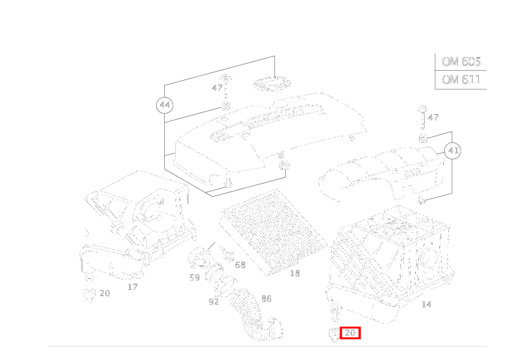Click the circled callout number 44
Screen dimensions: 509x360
pyautogui.click(x=165, y=105)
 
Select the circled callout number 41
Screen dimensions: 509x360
pyautogui.click(x=453, y=151)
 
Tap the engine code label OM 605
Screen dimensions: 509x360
pyautogui.click(x=461, y=62)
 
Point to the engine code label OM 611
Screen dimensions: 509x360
pyautogui.click(x=461, y=80)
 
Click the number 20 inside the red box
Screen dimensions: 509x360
pyautogui.click(x=350, y=333)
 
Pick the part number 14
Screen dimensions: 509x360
pyautogui.click(x=426, y=304)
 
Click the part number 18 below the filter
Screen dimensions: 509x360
pyautogui.click(x=295, y=273)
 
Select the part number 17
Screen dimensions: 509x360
pyautogui.click(x=132, y=287)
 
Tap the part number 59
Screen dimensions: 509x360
pyautogui.click(x=195, y=277)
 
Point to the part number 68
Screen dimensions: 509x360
pyautogui.click(x=240, y=265)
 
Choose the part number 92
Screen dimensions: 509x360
pyautogui.click(x=213, y=302)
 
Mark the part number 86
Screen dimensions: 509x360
pyautogui.click(x=266, y=299)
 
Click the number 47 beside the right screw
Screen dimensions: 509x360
pyautogui.click(x=433, y=117)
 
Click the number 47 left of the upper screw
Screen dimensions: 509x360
pyautogui.click(x=217, y=88)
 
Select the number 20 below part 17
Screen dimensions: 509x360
pyautogui.click(x=105, y=293)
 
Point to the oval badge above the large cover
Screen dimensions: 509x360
pyautogui.click(x=272, y=84)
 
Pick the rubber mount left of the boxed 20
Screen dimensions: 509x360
pyautogui.click(x=334, y=334)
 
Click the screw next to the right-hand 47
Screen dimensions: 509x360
pyautogui.click(x=422, y=117)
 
